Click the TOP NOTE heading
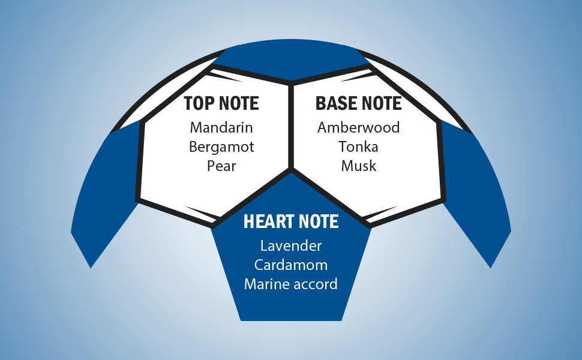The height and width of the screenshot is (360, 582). pos(221,103)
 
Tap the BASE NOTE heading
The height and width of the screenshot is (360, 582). pos(358,103)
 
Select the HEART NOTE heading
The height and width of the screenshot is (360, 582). pos(291,221)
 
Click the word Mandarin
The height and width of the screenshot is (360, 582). pos(221,127)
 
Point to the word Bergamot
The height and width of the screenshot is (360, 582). pos(221,146)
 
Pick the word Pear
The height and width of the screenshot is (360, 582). pos(221,166)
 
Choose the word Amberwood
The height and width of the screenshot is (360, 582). pos(358,127)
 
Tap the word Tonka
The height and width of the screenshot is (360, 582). pos(358,146)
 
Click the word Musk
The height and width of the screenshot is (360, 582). pos(358,166)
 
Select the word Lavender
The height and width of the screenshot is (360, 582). pos(291,245)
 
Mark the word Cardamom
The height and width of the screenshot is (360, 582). pos(291,265)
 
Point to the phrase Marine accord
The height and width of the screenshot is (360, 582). pos(291,284)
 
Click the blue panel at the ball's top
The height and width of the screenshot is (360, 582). pos(291,63)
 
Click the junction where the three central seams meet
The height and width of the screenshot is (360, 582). pos(291,170)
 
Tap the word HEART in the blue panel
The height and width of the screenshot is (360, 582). pos(265,221)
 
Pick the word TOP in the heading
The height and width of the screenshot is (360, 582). pos(197,103)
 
